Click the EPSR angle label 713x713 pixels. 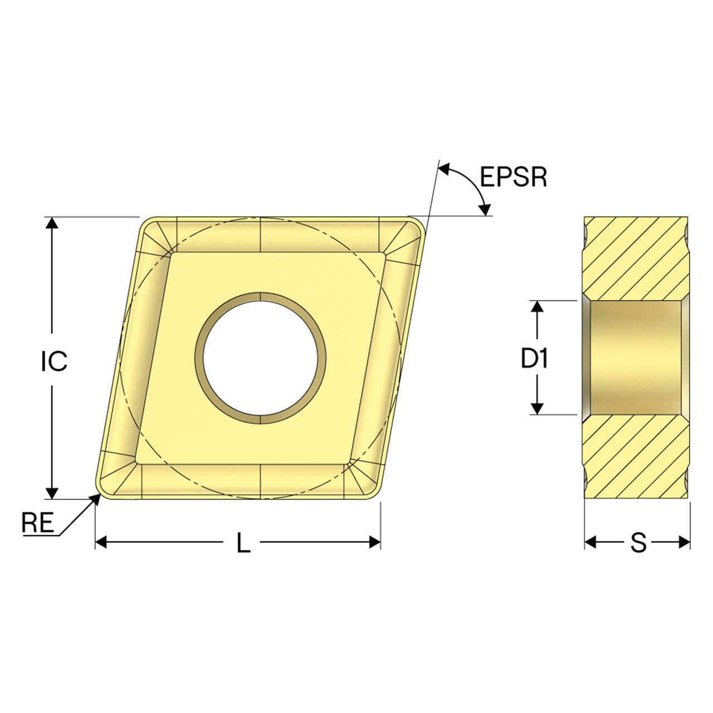coord(513,177)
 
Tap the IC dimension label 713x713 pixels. coord(54,361)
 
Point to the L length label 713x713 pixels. coord(243,543)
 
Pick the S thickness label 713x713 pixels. coord(638,543)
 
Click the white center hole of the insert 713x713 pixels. coord(261,358)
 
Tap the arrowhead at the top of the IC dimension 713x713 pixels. coord(52,223)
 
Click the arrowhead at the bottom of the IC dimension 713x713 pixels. coord(52,493)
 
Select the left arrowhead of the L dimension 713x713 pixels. coord(101,543)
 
